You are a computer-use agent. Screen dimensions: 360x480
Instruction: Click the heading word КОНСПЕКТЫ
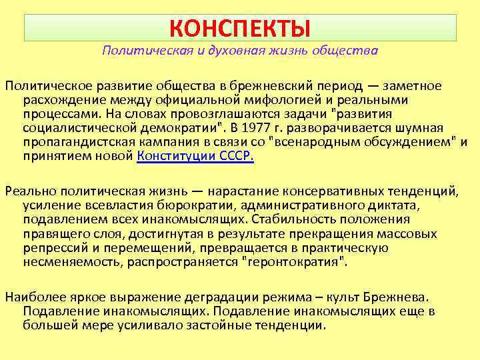(239, 28)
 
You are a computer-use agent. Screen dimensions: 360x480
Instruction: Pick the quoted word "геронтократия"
(297, 262)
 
